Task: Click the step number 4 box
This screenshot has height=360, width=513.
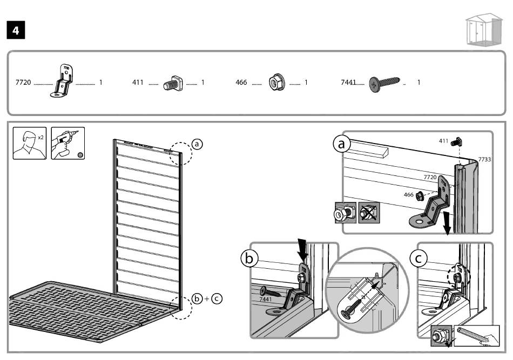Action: tap(16, 31)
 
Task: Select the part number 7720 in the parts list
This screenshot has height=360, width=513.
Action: tap(24, 83)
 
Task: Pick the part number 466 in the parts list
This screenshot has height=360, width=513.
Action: tap(241, 83)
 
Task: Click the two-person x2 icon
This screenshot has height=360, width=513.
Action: tap(30, 143)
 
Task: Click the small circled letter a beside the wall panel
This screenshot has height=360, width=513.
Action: tap(197, 144)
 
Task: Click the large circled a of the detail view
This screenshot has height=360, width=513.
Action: tap(341, 144)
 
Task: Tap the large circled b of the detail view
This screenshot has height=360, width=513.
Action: tap(248, 259)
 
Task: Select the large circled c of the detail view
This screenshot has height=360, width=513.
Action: tap(417, 259)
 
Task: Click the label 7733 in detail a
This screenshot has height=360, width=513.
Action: tap(484, 160)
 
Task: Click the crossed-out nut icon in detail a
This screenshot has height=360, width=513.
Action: tap(368, 214)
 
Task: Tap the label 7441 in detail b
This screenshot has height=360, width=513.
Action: tap(266, 298)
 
